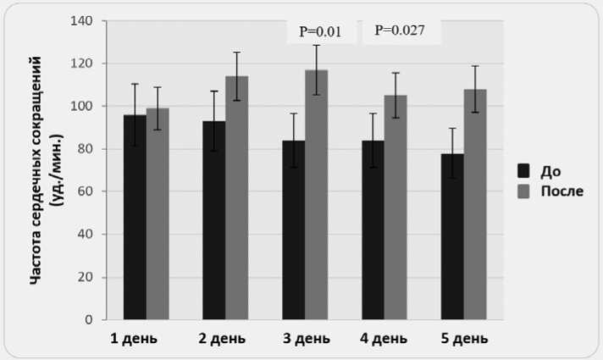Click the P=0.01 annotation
[320, 32]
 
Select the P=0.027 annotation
[399, 31]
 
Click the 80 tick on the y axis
[86, 149]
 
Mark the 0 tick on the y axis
[89, 320]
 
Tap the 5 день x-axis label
[464, 339]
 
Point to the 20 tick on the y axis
[86, 277]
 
